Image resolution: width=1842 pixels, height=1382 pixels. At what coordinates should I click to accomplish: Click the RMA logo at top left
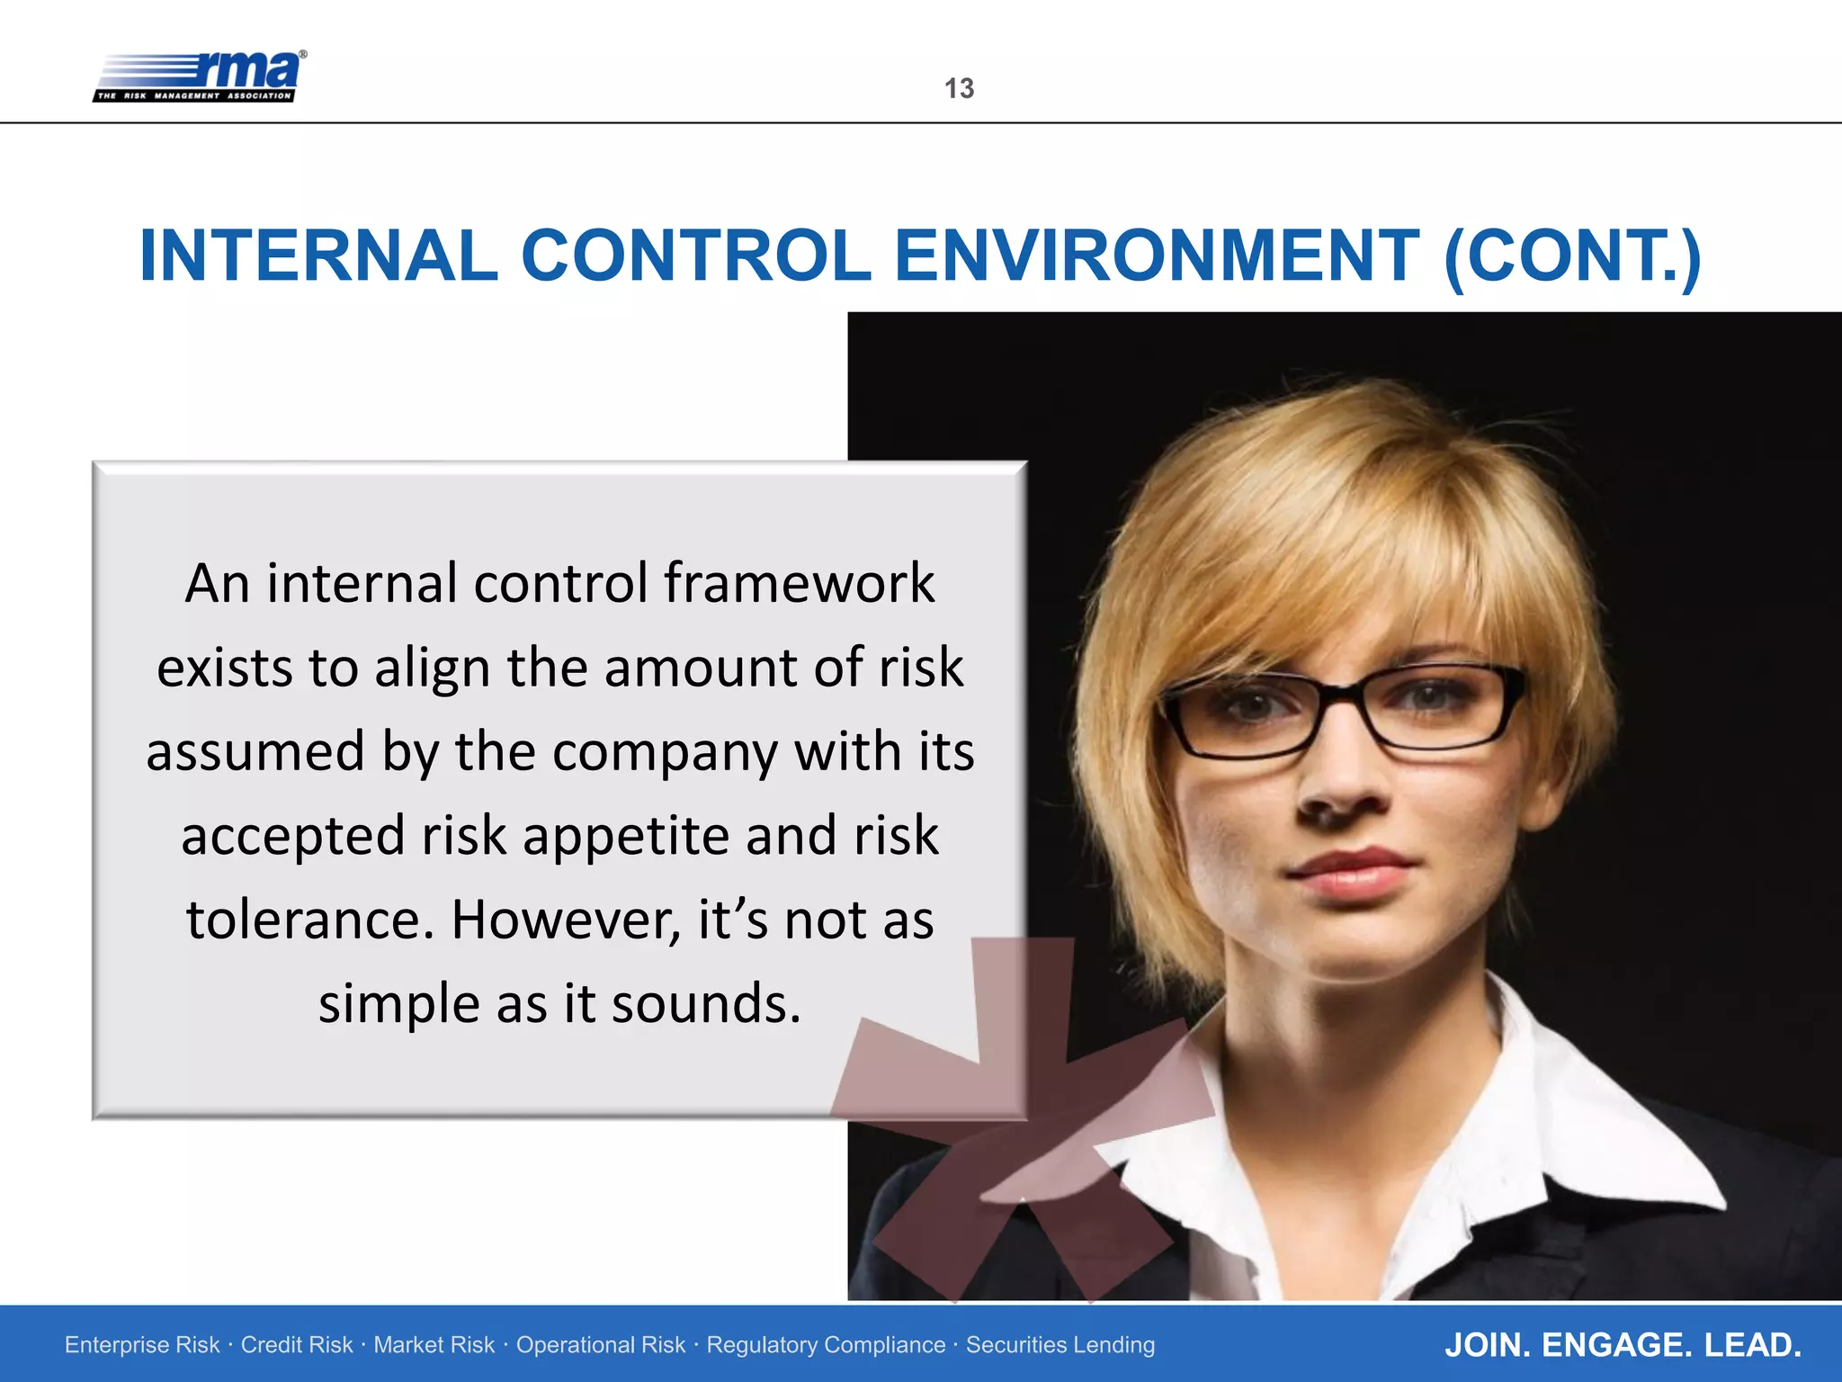coord(200,76)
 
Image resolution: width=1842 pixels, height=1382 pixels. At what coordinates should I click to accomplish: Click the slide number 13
coord(959,88)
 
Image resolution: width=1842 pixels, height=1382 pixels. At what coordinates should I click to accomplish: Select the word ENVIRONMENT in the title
coord(1158,256)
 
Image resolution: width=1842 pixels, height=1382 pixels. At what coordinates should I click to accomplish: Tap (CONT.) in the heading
coord(1572,256)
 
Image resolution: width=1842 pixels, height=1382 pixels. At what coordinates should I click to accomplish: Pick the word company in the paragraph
coord(666,752)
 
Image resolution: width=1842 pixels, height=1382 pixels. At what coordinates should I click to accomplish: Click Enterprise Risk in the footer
coord(142,1345)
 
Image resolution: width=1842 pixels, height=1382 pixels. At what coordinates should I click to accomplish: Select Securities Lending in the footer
coord(1060,1345)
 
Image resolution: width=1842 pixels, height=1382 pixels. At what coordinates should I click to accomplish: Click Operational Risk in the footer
coord(601,1345)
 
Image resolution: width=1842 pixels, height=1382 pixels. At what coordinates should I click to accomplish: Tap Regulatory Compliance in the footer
coord(826,1345)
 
